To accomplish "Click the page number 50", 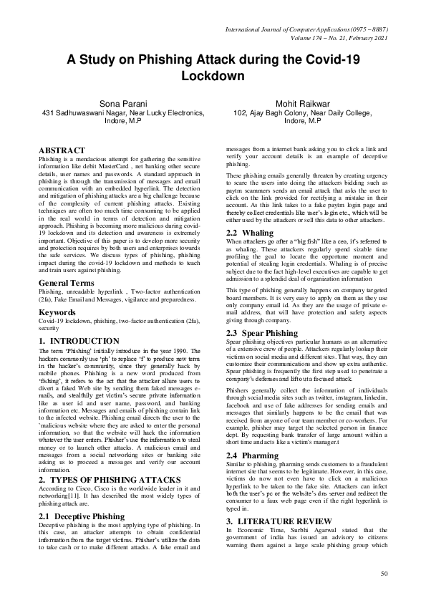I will click(x=383, y=574).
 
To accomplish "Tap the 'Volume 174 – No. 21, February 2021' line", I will click(x=332, y=38).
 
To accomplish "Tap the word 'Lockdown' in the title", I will click(x=213, y=75).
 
